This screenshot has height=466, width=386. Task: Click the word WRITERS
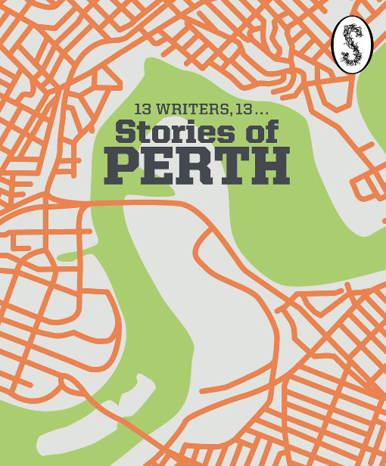[186, 110]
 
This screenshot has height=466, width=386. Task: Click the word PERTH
[197, 166]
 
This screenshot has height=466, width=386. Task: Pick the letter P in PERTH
[120, 166]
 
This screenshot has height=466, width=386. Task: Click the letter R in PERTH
[195, 166]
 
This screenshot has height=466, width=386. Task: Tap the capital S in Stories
[126, 132]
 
